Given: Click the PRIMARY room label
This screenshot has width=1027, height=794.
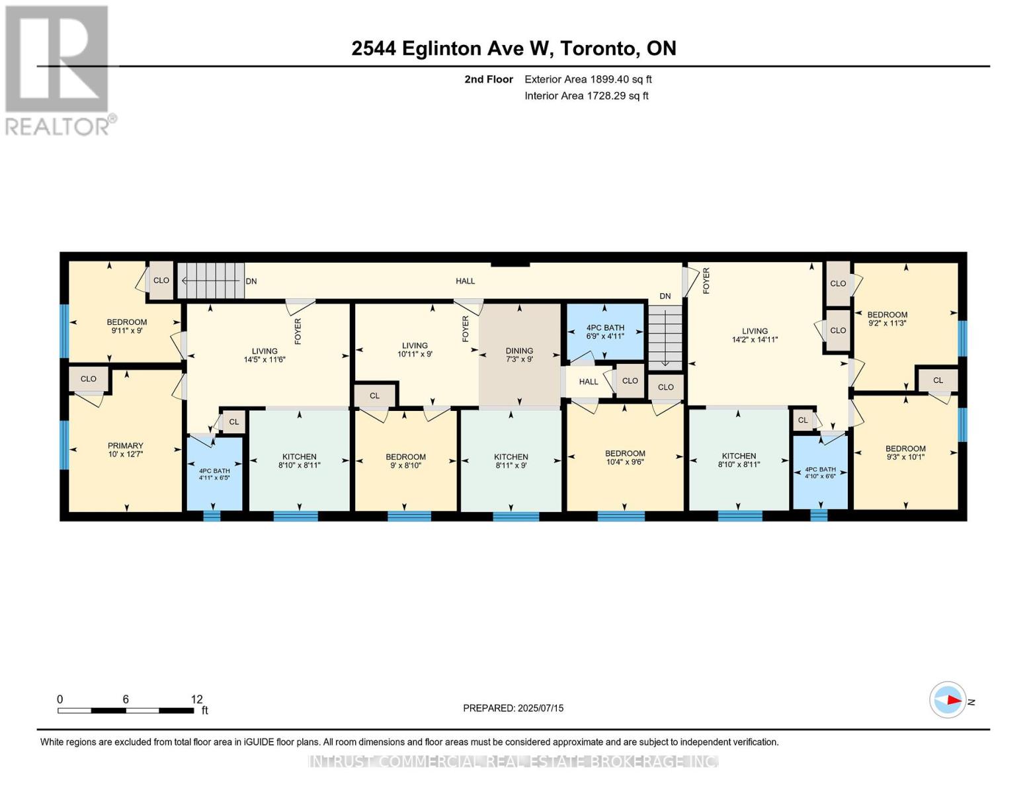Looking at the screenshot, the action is pos(125,445).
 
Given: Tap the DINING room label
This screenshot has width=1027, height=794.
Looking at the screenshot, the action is pos(519,351).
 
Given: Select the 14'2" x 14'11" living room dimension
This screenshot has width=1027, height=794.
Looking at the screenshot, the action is pos(755,339).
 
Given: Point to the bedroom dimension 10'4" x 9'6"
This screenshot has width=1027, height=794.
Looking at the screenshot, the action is pos(625,462).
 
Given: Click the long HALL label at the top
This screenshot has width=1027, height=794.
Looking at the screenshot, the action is pos(465,281).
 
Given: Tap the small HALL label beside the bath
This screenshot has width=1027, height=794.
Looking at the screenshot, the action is pos(589,382).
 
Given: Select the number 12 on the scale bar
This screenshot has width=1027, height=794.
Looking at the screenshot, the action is pos(196,699).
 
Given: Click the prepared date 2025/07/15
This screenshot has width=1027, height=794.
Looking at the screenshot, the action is pos(541,708).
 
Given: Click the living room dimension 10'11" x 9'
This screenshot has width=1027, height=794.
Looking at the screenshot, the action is pos(415,354).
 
